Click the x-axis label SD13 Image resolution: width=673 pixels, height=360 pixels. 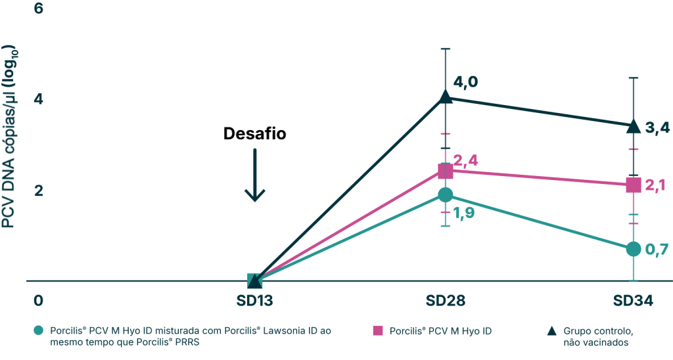255,302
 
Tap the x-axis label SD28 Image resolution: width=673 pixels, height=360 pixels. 446,302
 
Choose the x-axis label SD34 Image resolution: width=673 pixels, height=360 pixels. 633,302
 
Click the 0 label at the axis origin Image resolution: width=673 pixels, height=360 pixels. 38,302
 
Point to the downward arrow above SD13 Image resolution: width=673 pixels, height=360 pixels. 254,175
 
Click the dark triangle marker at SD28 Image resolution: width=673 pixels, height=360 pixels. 446,97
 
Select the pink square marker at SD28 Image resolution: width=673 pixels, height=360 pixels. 446,171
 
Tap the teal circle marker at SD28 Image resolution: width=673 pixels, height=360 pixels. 446,194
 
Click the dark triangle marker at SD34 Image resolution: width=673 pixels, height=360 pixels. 633,127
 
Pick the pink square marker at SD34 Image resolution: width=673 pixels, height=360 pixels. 633,185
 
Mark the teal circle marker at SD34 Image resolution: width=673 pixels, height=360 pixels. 633,248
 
